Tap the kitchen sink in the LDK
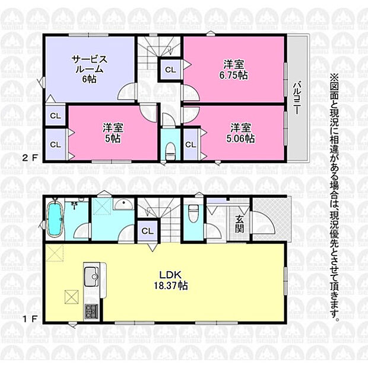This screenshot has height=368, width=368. coord(91,276)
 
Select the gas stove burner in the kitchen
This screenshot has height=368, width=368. coord(92,311)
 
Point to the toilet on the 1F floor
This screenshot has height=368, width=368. coord(193,213)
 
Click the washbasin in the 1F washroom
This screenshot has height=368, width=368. coord(123,204)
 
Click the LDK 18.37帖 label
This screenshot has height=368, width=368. coord(170,280)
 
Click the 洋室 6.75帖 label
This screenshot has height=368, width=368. coord(233,69)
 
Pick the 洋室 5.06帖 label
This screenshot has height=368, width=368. coord(240,134)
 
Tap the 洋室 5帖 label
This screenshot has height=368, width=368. coord(113,134)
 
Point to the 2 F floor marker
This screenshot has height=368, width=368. coord(30,158)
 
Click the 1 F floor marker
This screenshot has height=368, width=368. coord(30,319)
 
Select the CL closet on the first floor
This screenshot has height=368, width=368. coord(147,231)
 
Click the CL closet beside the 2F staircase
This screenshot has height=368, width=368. coord(170,69)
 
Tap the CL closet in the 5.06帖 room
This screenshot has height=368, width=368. coord(191,145)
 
